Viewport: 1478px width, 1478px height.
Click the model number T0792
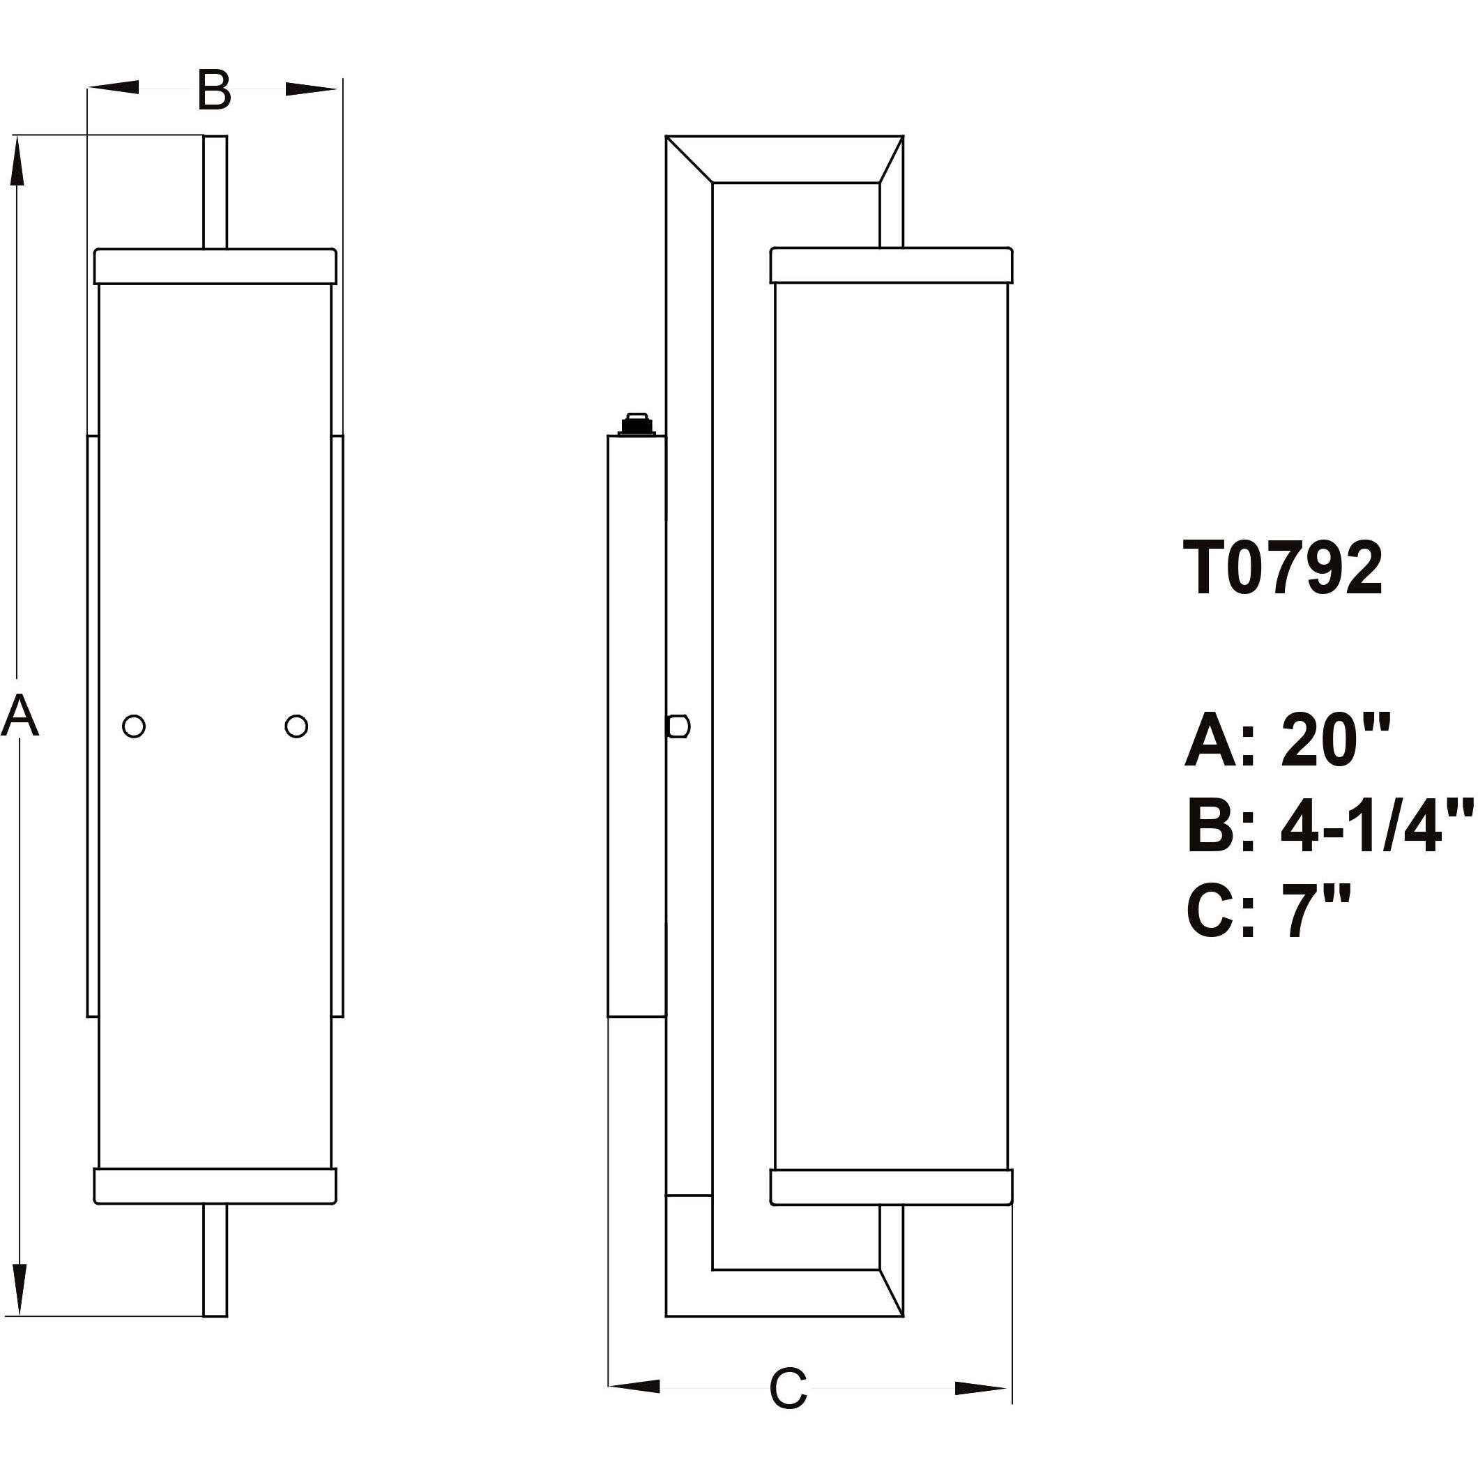click(x=1283, y=568)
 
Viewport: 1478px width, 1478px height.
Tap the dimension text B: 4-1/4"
click(x=1330, y=826)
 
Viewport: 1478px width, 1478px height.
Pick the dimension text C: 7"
click(x=1268, y=912)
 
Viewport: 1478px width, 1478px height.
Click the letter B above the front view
click(x=213, y=90)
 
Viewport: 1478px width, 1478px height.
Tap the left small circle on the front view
click(x=134, y=726)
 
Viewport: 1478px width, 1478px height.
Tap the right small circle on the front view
click(x=296, y=726)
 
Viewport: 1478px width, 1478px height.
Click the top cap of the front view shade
click(x=215, y=266)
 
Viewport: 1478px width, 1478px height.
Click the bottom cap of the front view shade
click(x=215, y=1187)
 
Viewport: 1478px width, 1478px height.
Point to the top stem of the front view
click(x=215, y=191)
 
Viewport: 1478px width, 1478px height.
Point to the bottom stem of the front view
click(x=215, y=1260)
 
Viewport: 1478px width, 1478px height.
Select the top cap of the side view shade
click(x=891, y=265)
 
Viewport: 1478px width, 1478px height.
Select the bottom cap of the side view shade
click(x=891, y=1187)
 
